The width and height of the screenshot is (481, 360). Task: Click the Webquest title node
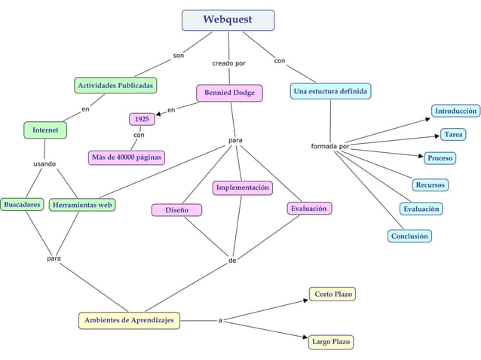pos(228,20)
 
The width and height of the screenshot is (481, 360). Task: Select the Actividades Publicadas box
pos(115,85)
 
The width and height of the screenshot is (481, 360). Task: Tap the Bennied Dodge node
pos(229,93)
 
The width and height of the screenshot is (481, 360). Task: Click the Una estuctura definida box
pos(330,91)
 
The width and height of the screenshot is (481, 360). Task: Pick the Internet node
pos(44,130)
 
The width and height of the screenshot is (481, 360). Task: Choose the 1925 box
pos(141,119)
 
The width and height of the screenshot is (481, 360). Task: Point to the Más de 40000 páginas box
pos(126,157)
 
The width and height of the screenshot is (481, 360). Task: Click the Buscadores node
pos(21,204)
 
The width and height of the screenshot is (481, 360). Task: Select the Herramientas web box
pos(82,204)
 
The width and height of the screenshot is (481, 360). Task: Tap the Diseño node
pos(177,209)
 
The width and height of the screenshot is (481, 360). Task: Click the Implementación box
pos(242,188)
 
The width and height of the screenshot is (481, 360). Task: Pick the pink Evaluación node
pos(309,208)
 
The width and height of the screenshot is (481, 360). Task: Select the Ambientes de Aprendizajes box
pos(129,320)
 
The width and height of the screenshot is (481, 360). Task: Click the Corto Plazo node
pos(332,294)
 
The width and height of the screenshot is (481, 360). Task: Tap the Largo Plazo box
pos(331,342)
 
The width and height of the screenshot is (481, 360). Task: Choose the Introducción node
pos(455,111)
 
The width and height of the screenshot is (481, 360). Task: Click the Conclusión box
pos(409,236)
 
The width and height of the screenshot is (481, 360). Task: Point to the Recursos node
pos(430,185)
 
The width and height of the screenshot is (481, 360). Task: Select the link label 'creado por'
pos(228,63)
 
